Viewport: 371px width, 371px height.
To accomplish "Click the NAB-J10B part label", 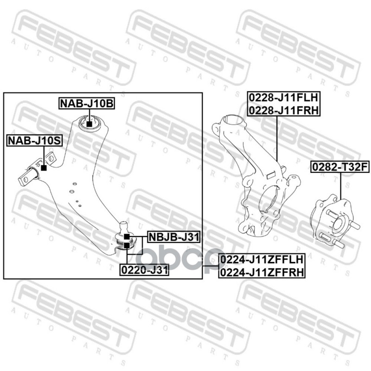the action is (87, 103).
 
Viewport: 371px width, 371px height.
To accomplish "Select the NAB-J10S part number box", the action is (34, 141).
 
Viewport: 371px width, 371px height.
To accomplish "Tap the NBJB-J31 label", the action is (173, 237).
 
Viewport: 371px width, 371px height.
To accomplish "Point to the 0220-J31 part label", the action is (145, 270).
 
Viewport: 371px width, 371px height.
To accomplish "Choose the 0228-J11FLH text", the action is (284, 97).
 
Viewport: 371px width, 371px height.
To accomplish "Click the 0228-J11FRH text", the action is (284, 110).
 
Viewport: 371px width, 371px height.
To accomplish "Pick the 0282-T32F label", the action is (340, 167).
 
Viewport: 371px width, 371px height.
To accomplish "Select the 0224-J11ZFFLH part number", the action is (262, 260).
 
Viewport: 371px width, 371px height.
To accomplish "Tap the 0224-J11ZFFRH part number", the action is (262, 272).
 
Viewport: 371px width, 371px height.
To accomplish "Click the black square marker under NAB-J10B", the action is (89, 124).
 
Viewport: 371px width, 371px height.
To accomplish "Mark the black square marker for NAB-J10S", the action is (44, 168).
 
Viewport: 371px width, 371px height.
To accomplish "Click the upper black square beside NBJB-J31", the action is (127, 236).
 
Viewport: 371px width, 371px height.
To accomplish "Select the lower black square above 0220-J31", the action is (127, 245).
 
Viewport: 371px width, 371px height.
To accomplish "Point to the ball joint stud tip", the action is (123, 223).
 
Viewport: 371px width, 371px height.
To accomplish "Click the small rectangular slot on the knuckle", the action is (270, 175).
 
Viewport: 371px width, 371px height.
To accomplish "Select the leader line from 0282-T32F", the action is (341, 186).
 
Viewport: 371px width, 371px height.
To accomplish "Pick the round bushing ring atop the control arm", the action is (90, 123).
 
